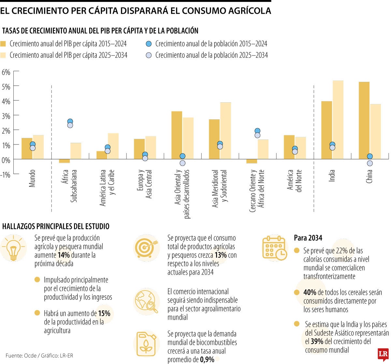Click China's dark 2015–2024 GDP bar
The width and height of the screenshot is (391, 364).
364,120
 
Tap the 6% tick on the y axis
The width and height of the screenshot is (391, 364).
6,72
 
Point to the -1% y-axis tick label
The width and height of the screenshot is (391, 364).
6,175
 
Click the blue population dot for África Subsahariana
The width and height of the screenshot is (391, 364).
70,121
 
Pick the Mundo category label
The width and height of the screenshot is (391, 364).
32,178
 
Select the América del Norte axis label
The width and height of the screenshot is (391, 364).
295,181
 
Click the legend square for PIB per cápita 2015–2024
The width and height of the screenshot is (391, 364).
3,44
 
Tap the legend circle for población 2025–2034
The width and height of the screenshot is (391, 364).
149,55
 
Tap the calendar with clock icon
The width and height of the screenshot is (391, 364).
274,248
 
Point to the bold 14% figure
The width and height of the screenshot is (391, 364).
64,255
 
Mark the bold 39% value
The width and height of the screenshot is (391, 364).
317,341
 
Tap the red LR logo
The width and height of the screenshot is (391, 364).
383,355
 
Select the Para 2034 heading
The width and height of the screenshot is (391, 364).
308,238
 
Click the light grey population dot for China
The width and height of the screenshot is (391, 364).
369,163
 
